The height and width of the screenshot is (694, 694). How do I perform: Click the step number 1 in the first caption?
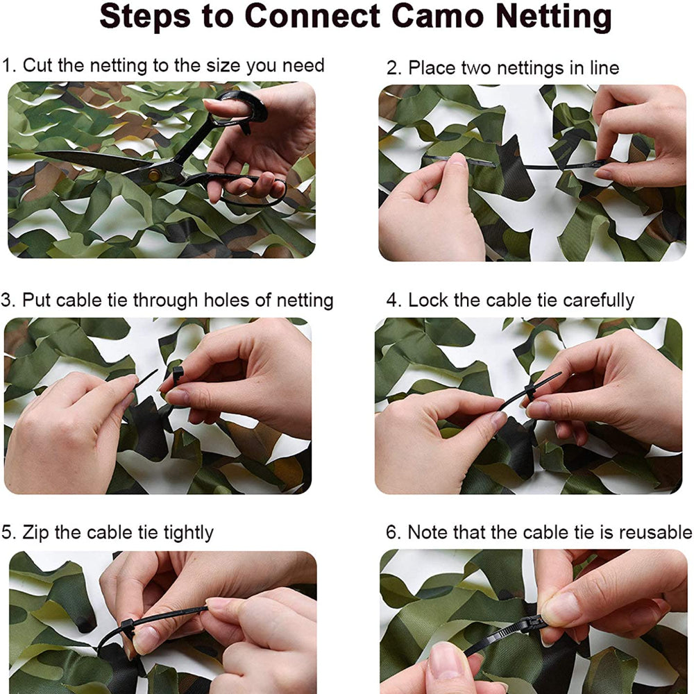coord(8,66)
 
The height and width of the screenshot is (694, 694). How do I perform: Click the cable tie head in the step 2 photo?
coord(595,164)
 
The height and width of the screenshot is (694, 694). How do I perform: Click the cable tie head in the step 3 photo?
coord(178,375)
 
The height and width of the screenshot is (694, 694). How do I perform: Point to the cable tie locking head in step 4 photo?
coord(531,392)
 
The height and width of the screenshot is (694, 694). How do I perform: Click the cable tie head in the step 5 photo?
coord(128,627)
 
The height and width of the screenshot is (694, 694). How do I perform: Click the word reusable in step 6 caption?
coord(654,533)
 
